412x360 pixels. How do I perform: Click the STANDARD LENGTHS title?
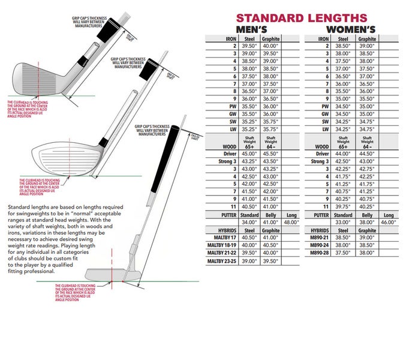[301, 19]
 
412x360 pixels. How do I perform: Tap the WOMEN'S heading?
[351, 29]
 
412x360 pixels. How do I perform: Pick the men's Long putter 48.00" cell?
[289, 222]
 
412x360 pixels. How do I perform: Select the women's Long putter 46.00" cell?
[389, 222]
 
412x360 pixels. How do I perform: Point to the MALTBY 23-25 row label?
[221, 261]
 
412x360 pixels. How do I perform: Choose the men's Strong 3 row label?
[220, 161]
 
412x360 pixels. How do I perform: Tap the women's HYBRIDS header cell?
[318, 230]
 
